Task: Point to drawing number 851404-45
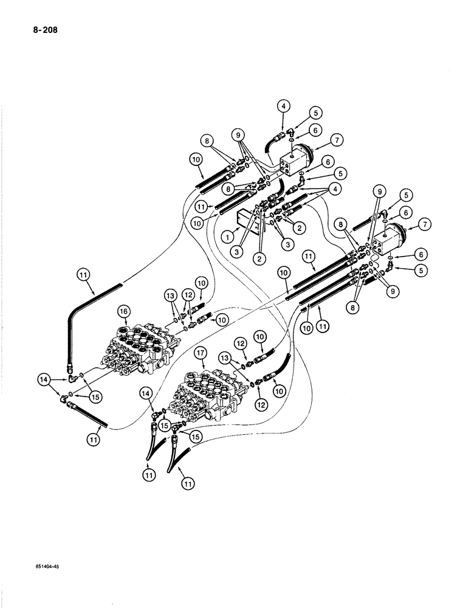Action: pos(49,565)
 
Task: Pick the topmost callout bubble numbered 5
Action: pos(315,113)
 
